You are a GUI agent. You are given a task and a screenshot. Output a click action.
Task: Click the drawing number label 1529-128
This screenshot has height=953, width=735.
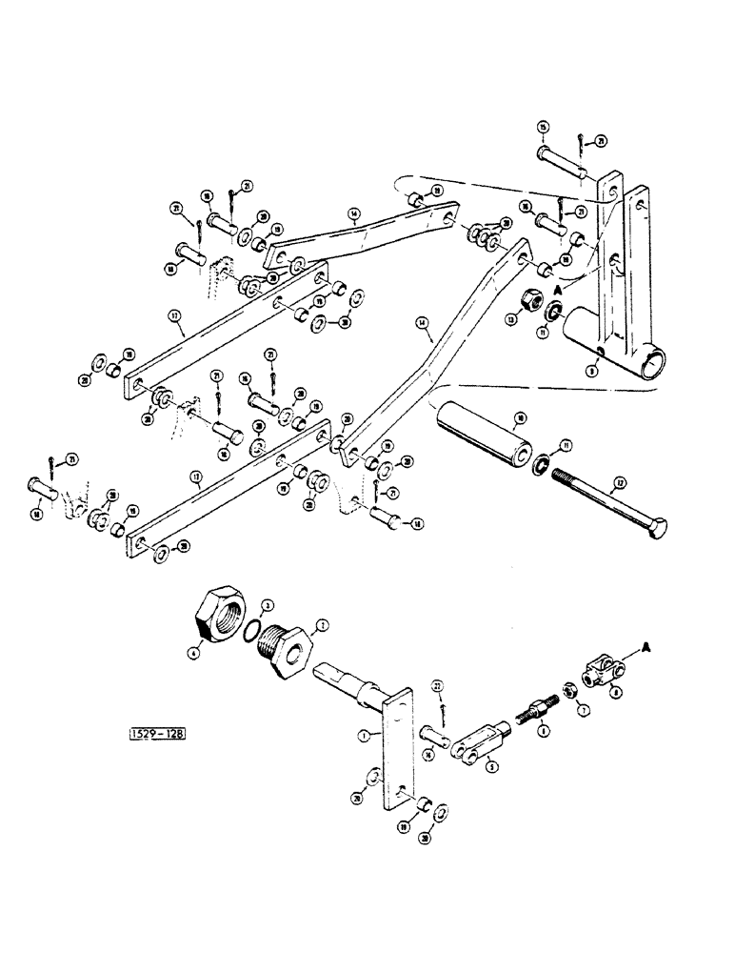155,734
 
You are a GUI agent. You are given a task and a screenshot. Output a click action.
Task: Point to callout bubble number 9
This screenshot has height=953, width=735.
593,373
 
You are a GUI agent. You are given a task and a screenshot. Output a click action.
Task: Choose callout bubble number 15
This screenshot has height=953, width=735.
543,127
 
